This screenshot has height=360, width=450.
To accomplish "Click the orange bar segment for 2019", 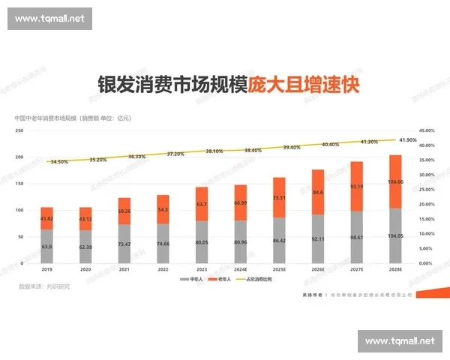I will (x=46, y=218).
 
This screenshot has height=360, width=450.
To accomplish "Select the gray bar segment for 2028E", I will (x=396, y=235).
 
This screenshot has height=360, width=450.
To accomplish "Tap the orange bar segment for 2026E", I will (x=318, y=192).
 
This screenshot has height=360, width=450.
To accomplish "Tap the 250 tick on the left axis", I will (x=19, y=130).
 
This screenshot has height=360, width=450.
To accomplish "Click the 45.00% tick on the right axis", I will (x=426, y=130).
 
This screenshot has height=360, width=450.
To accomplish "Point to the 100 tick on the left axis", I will (x=19, y=211).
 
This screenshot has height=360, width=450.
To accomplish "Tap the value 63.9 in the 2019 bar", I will (x=46, y=247).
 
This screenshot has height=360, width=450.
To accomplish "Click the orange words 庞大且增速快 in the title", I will (x=303, y=84).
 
